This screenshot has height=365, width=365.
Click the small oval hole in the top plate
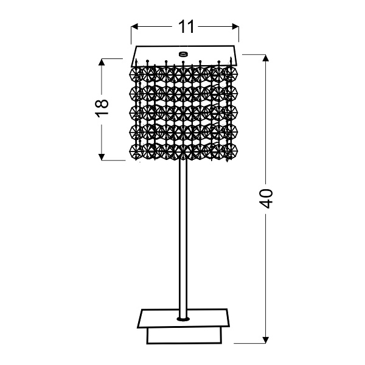click(182, 54)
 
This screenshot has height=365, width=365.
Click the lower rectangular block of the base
click(182, 336)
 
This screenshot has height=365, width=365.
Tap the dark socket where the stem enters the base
click(182, 318)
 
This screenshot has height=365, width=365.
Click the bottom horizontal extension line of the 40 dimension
click(243, 344)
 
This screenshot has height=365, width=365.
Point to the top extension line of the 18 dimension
click(116, 58)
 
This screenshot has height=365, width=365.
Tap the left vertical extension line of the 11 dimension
click(132, 36)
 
